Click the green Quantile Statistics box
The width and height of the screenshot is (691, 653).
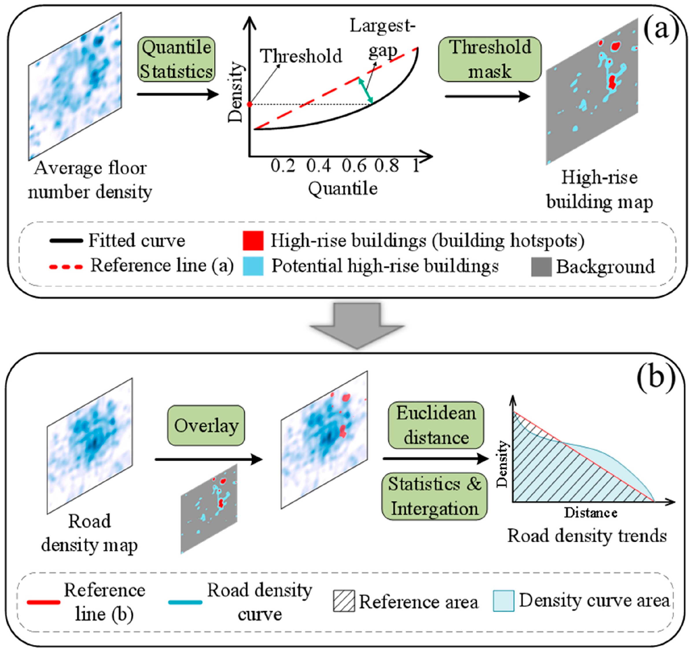(176, 59)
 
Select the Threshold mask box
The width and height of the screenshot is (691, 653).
(489, 59)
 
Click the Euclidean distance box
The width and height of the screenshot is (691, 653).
(436, 425)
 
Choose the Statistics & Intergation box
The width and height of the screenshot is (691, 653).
(434, 496)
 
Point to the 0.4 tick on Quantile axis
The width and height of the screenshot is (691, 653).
(318, 166)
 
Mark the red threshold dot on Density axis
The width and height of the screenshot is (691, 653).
(249, 104)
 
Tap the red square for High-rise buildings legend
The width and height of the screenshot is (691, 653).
(253, 241)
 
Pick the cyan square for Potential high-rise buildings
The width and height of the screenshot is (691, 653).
(253, 266)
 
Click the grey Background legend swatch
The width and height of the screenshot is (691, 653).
(541, 267)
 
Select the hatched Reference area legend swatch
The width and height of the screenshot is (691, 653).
(344, 600)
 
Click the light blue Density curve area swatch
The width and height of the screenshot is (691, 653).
(503, 600)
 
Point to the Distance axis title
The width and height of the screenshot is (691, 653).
(591, 513)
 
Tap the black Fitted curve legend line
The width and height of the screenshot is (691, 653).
(66, 241)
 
